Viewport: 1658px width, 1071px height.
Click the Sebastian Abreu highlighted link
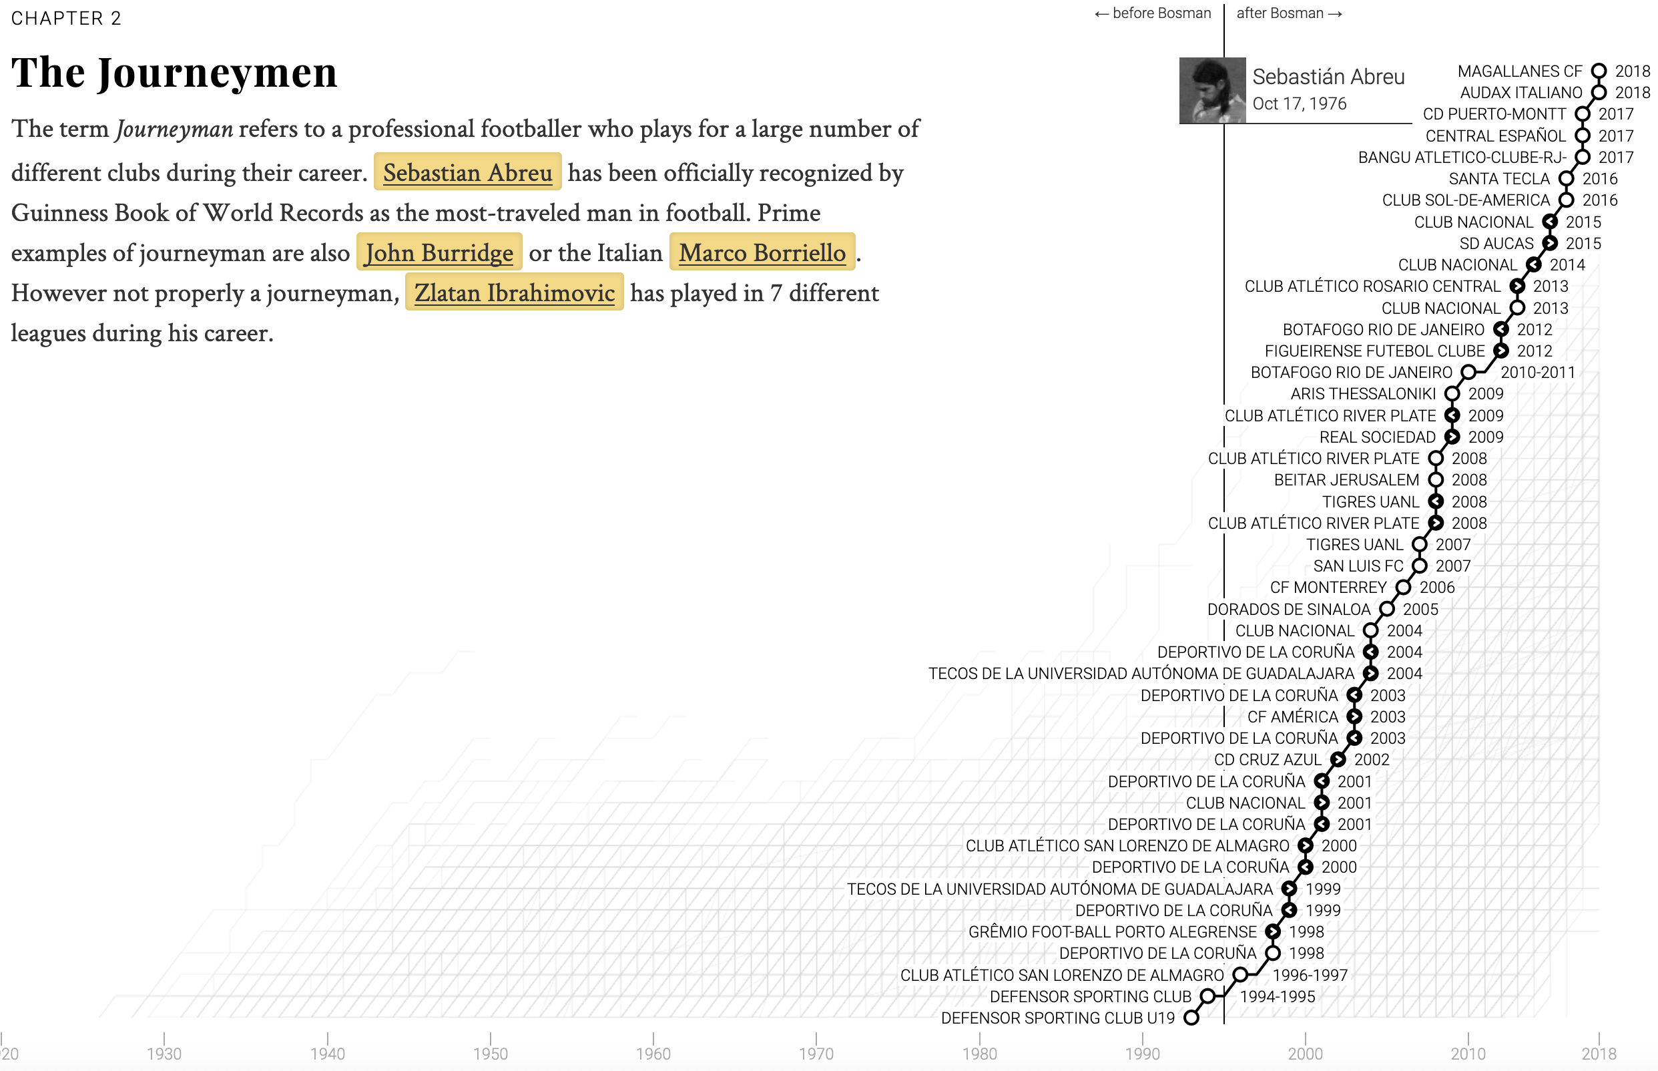click(x=467, y=172)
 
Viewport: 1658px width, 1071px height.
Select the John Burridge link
click(x=439, y=252)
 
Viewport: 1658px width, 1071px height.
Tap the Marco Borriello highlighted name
click(x=762, y=252)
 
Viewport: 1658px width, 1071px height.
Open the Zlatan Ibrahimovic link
click(x=514, y=292)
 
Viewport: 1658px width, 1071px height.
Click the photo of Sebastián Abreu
click(x=1211, y=91)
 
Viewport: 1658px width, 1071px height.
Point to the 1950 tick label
click(x=490, y=1054)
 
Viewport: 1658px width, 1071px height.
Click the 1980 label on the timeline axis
click(x=979, y=1054)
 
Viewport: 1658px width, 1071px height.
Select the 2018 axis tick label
click(x=1598, y=1054)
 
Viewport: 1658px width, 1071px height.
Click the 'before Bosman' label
click(x=1153, y=13)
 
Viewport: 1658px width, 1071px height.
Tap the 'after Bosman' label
click(x=1289, y=13)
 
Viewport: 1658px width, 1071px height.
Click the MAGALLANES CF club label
click(x=1519, y=71)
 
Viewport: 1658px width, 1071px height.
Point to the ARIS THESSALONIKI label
click(x=1362, y=394)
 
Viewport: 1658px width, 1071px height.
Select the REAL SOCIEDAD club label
click(x=1377, y=437)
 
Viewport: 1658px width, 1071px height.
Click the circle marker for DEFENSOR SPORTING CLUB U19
click(x=1191, y=1018)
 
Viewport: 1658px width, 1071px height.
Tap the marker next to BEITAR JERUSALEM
click(x=1436, y=480)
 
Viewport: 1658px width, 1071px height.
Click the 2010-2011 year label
click(x=1537, y=372)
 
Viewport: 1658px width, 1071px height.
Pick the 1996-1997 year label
click(x=1310, y=975)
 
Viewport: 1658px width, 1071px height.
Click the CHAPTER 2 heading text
click(x=67, y=18)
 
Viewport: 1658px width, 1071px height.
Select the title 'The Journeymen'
click(x=174, y=72)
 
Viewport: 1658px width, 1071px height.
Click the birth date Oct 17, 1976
click(x=1300, y=103)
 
